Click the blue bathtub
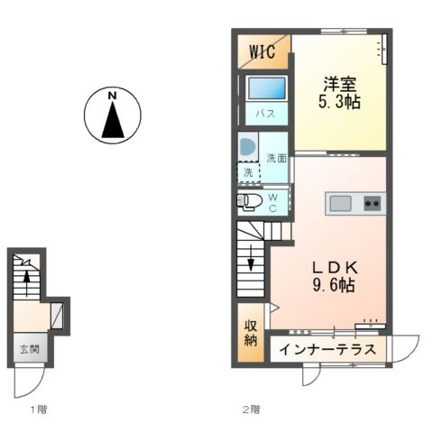click(x=265, y=90)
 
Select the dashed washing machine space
click(x=248, y=170)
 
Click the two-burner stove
click(x=372, y=203)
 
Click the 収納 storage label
click(x=250, y=333)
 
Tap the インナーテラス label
click(x=326, y=350)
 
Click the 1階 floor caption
click(x=38, y=410)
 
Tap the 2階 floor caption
click(x=250, y=410)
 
